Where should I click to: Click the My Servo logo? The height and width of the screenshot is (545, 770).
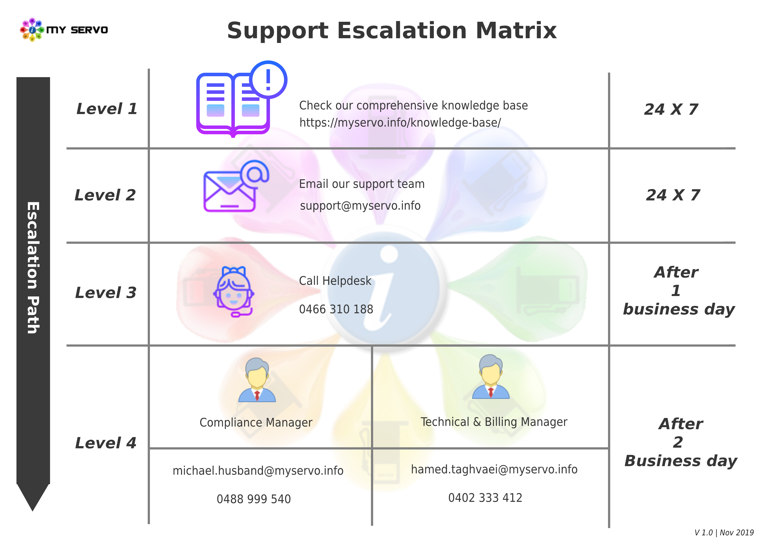(x=64, y=30)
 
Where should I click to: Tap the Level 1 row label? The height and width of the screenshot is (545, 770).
(x=107, y=109)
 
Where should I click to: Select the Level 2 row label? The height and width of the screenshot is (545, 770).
(x=105, y=195)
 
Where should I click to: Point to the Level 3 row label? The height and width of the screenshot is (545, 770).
(x=106, y=292)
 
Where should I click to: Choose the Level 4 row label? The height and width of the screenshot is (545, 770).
(x=106, y=443)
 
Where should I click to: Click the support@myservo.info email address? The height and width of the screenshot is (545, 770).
(x=360, y=205)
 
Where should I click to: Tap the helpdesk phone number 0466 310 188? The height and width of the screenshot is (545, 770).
(x=336, y=309)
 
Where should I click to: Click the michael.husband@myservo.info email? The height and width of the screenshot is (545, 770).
(x=258, y=471)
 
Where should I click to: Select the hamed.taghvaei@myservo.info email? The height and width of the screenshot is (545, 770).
(x=494, y=469)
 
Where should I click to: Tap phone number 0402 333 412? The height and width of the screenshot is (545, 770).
(x=485, y=498)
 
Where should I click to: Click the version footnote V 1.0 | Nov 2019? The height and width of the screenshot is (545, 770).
(x=724, y=532)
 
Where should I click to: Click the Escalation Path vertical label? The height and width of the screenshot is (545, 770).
(x=33, y=268)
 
